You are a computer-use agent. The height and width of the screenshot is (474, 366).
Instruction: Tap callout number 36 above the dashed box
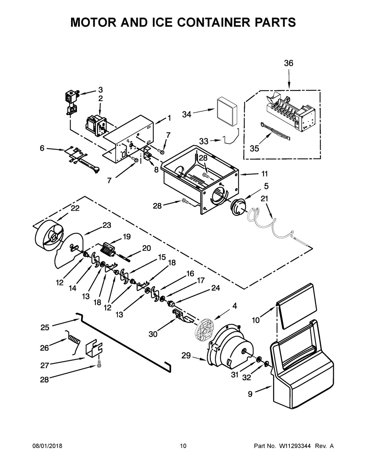[288, 63]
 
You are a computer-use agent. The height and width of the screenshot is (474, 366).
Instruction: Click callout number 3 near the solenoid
[100, 90]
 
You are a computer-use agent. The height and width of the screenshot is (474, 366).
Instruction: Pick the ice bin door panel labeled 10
[296, 306]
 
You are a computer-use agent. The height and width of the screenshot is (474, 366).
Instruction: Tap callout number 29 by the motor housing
[186, 356]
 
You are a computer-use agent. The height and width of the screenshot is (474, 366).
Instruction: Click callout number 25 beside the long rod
[45, 327]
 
